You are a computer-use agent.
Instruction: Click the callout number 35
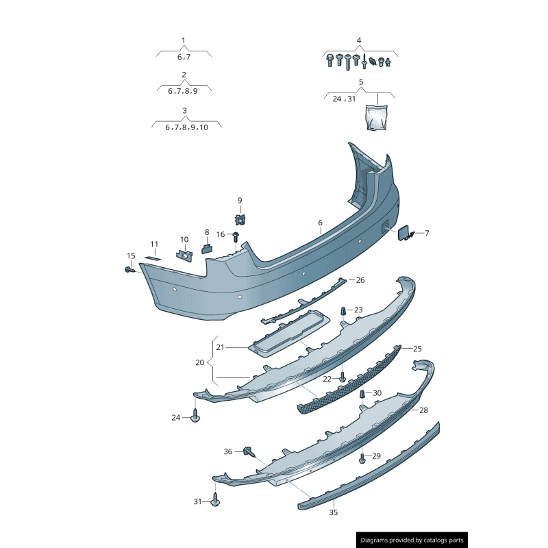[334, 512]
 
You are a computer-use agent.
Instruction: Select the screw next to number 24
[196, 416]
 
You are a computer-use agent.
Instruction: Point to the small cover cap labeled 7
[406, 233]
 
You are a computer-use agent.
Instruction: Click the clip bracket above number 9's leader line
[240, 219]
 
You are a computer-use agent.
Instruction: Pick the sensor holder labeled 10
[184, 255]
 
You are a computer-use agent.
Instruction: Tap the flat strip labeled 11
[154, 258]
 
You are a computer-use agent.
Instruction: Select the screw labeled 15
[129, 270]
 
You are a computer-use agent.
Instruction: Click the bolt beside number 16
[236, 236]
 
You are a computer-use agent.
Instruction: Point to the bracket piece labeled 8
[206, 248]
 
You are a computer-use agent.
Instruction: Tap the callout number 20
[199, 362]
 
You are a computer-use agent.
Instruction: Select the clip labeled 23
[343, 311]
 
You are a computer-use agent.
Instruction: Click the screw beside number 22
[342, 377]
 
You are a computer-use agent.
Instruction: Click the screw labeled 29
[362, 458]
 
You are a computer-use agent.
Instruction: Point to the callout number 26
[360, 280]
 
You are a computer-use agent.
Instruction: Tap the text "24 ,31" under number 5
[344, 99]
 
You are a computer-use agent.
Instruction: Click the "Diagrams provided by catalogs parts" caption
[412, 540]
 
